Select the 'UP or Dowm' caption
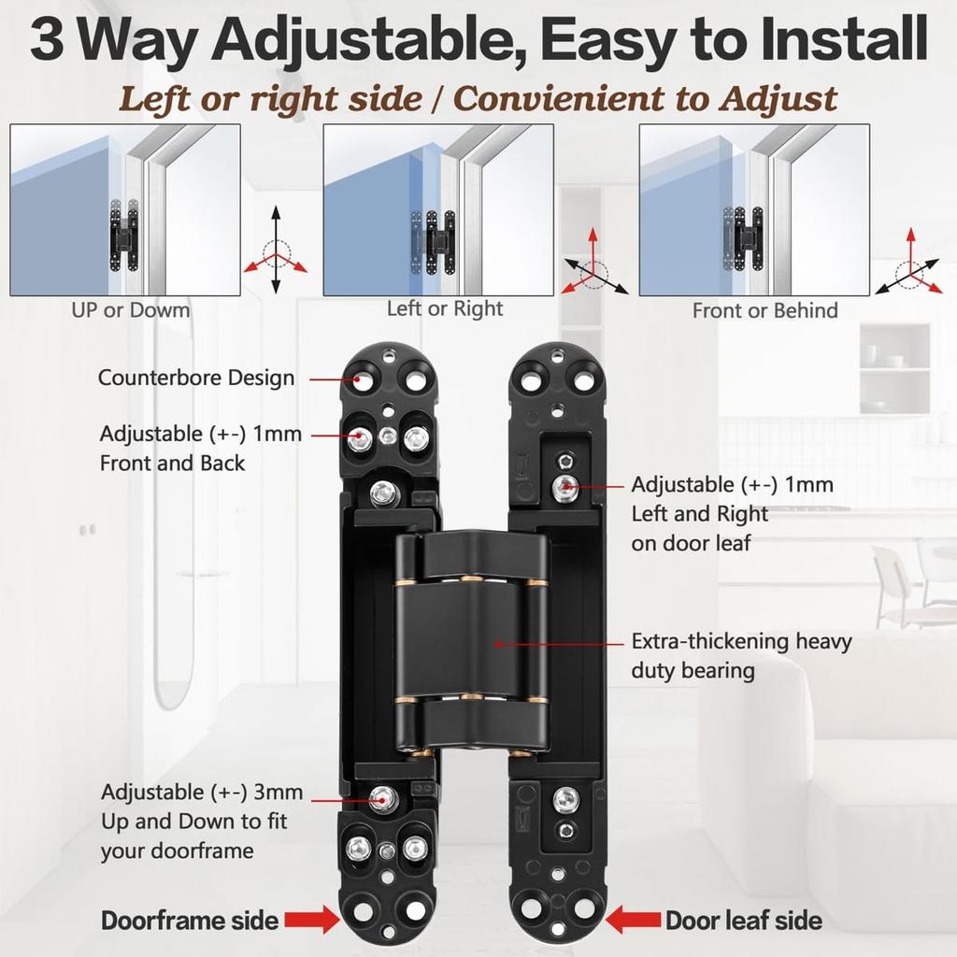pyautogui.click(x=131, y=310)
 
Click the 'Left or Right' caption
pyautogui.click(x=445, y=308)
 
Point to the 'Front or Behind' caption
pyautogui.click(x=764, y=310)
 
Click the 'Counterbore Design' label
pyautogui.click(x=196, y=379)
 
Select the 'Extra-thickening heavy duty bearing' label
pyautogui.click(x=741, y=656)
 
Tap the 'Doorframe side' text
pyautogui.click(x=190, y=920)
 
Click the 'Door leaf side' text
pyautogui.click(x=743, y=920)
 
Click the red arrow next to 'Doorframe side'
pyautogui.click(x=312, y=920)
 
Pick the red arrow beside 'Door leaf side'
pyautogui.click(x=634, y=920)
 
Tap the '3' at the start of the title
pyautogui.click(x=46, y=42)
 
